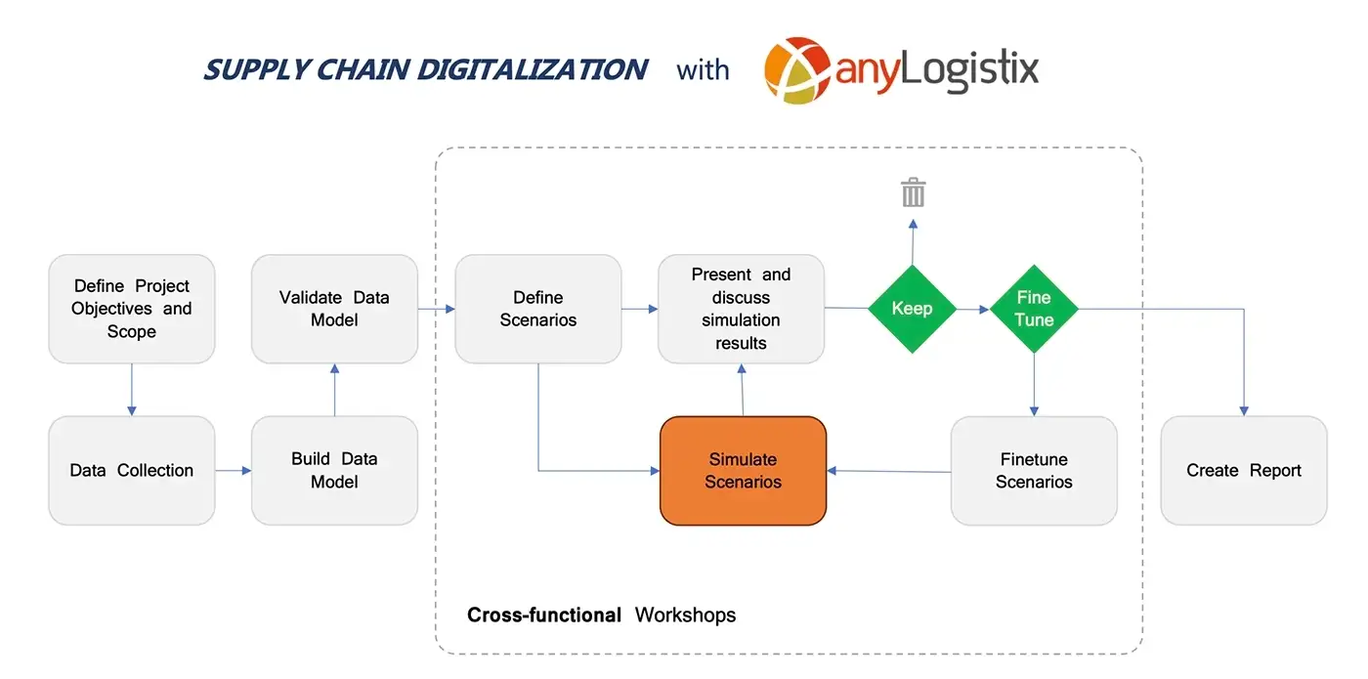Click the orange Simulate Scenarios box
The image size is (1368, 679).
tap(744, 471)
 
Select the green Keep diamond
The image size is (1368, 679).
tap(913, 309)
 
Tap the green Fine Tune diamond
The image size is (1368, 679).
tap(1034, 309)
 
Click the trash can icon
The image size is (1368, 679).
tap(913, 192)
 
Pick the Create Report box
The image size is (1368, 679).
tap(1244, 471)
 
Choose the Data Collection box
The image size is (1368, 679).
tap(132, 471)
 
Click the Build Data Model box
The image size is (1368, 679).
tap(334, 471)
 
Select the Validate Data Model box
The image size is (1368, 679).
tap(334, 309)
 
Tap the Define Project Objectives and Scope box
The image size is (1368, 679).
tap(132, 309)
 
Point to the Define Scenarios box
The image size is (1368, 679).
tap(538, 309)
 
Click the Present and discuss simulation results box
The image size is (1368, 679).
tap(741, 309)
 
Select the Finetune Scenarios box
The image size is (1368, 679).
tap(1034, 471)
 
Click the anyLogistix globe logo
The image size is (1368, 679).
tap(797, 70)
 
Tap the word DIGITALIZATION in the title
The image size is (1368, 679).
tap(533, 69)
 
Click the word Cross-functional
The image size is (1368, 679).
tap(544, 615)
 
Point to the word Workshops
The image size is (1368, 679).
tap(685, 615)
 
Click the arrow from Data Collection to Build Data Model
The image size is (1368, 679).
tap(234, 471)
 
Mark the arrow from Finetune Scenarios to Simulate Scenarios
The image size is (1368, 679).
tap(888, 471)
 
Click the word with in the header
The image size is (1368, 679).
tap(703, 69)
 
